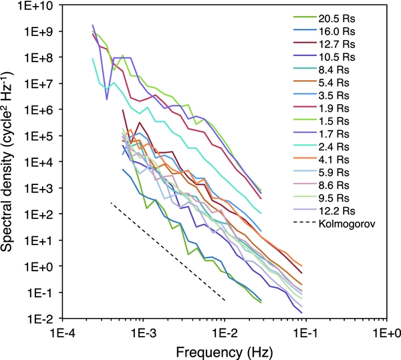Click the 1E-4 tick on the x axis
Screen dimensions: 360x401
(x=61, y=331)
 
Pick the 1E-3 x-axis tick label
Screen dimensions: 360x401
(x=142, y=331)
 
